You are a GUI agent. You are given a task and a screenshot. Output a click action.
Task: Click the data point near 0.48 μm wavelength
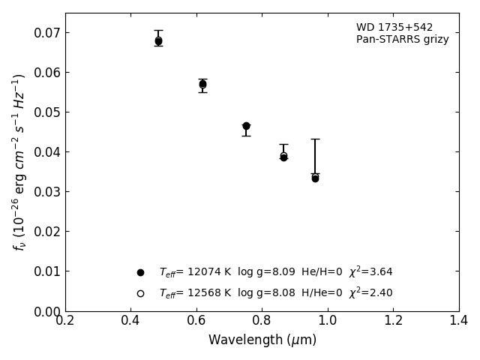[x=158, y=41]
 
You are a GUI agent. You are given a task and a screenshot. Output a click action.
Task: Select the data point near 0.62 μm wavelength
[x=202, y=84]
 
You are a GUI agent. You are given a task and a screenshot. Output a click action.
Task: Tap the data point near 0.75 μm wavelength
[x=246, y=126]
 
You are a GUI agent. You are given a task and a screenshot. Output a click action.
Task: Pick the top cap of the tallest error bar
[x=315, y=139]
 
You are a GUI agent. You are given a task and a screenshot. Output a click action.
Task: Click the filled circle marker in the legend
[x=140, y=272]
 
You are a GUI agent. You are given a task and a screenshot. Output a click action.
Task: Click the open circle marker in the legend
[x=140, y=293]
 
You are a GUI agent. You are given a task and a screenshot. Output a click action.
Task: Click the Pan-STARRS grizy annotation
[x=402, y=40]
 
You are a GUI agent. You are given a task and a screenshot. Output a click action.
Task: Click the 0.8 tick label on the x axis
[x=262, y=321]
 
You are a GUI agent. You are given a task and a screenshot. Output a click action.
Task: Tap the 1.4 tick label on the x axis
[x=458, y=321]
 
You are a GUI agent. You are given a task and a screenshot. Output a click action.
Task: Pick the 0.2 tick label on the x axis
[x=65, y=321]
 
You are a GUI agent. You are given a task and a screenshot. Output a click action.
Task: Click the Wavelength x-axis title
[x=262, y=340]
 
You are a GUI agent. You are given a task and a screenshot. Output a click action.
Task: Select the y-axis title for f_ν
[x=19, y=161]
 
